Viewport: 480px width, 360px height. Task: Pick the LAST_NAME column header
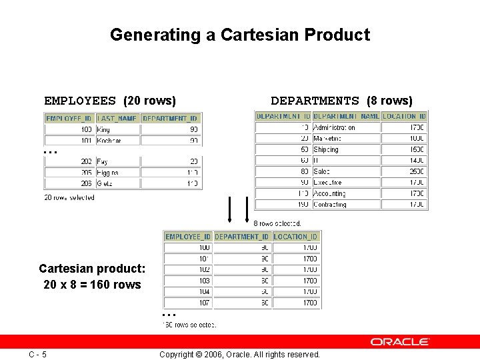(x=117, y=119)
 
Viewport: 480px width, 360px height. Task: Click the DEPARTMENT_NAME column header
(x=346, y=116)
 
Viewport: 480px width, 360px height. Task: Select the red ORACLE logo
(x=400, y=342)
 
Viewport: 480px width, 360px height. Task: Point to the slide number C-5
(x=37, y=354)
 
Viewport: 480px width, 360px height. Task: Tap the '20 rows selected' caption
(x=69, y=197)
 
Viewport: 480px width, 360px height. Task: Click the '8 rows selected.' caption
(x=277, y=223)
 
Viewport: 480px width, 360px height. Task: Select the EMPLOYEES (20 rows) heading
(x=110, y=101)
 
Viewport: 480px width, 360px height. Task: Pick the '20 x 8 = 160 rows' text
(x=92, y=285)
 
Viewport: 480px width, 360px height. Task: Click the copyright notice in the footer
(x=240, y=355)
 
